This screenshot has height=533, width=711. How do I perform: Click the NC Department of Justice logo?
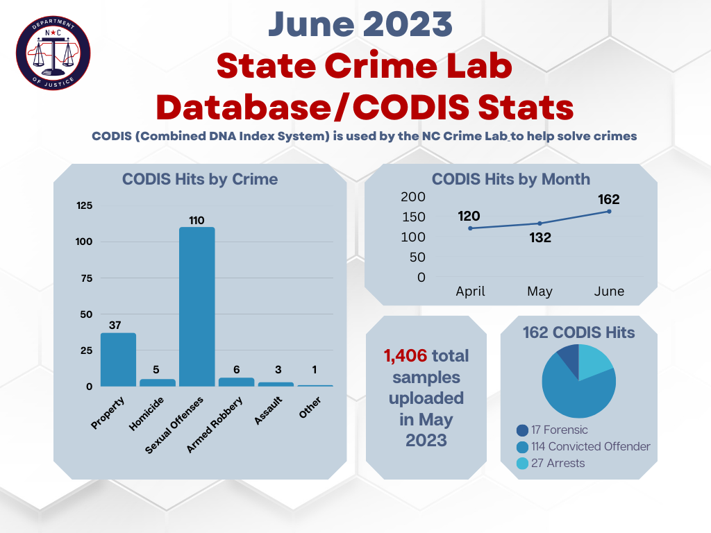[53, 53]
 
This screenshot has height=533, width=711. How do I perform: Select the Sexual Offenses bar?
[196, 307]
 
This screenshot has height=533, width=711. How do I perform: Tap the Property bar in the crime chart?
[118, 360]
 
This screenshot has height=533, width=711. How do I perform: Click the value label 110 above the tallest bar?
[196, 220]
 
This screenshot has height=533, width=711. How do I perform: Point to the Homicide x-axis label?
[146, 414]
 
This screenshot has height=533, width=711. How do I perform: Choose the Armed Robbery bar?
[236, 382]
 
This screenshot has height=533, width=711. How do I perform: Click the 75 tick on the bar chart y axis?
[86, 278]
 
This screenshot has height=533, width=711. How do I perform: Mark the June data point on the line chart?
[609, 212]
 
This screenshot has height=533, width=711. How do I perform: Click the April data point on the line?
[470, 228]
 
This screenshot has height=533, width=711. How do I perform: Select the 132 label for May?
[540, 237]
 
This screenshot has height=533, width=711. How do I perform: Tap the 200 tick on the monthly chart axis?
[412, 196]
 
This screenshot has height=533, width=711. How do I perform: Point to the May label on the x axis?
[539, 291]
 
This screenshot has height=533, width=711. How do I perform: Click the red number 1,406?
[405, 356]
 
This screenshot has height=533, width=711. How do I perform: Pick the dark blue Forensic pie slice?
[568, 360]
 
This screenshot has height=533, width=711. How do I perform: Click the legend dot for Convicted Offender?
[522, 447]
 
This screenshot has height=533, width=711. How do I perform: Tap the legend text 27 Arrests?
[558, 463]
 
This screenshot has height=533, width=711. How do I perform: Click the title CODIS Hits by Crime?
[200, 180]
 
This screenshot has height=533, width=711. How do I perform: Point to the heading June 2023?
[360, 24]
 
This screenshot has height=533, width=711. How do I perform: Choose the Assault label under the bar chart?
[268, 411]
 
